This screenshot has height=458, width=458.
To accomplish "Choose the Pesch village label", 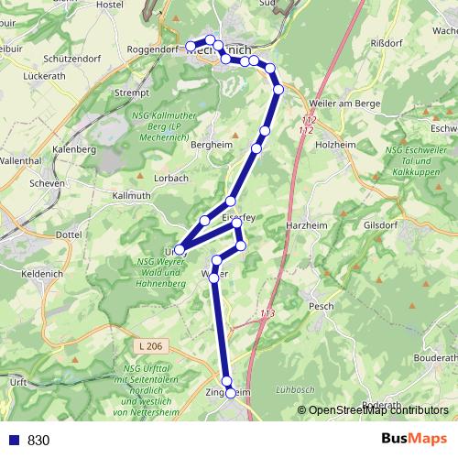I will (x=322, y=306).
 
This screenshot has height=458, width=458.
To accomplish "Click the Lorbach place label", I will (x=171, y=177).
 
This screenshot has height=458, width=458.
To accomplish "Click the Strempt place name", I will (x=132, y=93).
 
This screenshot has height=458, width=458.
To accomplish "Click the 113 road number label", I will (x=267, y=314).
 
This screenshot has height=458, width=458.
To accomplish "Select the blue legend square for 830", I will (x=13, y=441).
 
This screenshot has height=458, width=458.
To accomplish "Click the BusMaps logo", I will (x=415, y=439).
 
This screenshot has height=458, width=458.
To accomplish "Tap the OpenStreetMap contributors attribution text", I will (x=378, y=411).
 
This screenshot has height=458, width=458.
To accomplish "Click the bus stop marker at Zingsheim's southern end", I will (x=231, y=393).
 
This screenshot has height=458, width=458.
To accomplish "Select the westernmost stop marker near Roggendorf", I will (x=191, y=46).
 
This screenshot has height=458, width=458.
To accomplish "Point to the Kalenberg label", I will (x=75, y=148).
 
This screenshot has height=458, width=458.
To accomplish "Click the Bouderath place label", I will (x=425, y=357).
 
